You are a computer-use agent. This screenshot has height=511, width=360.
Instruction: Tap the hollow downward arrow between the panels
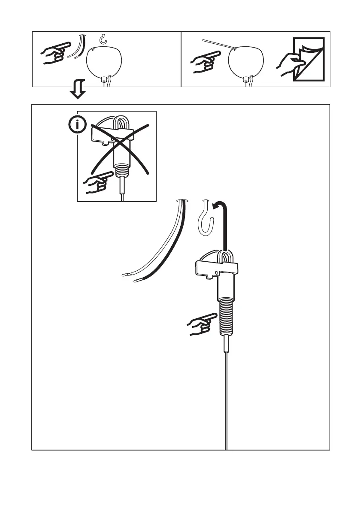coord(78,91)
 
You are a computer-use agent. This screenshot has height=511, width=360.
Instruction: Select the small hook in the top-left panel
coord(103,40)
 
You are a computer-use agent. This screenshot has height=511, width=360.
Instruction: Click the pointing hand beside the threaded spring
coord(201,324)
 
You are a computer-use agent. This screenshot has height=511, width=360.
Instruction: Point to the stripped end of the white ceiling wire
coord(125,275)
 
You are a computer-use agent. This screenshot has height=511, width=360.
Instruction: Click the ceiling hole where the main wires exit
coord(183,200)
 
